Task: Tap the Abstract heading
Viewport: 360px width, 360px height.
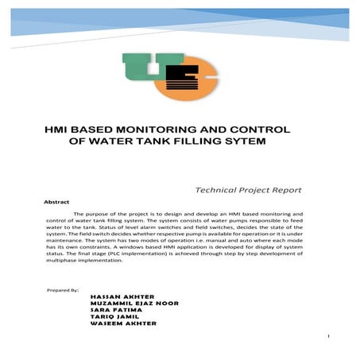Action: [x=57, y=203]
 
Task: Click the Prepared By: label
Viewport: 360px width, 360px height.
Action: [x=64, y=292]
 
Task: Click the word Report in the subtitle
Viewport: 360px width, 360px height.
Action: [x=285, y=191]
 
